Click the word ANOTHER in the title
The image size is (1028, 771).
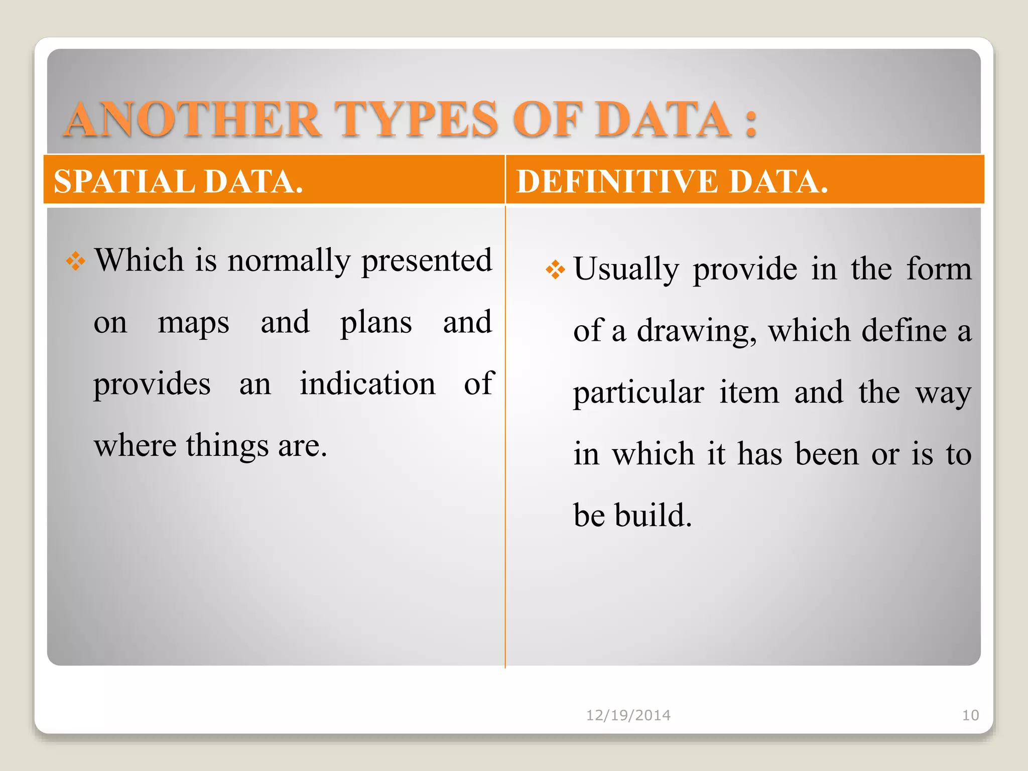click(x=193, y=119)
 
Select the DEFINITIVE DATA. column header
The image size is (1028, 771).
click(x=672, y=181)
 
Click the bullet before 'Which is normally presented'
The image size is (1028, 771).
click(x=75, y=261)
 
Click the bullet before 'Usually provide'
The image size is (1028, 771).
click(x=555, y=270)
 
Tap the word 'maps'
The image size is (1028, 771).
click(x=193, y=323)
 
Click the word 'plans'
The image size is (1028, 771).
click(x=376, y=323)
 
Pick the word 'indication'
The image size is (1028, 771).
click(x=367, y=384)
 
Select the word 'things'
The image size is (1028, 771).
click(x=227, y=446)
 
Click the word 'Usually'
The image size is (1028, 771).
click(x=626, y=270)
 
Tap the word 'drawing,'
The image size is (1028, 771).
click(x=696, y=332)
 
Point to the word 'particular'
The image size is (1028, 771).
click(x=638, y=393)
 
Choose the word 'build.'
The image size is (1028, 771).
click(x=653, y=516)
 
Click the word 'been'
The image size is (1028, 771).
click(x=827, y=454)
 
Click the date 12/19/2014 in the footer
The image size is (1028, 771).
click(x=628, y=715)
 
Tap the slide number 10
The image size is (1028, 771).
click(x=970, y=715)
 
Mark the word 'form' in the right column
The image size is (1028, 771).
click(x=939, y=270)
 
